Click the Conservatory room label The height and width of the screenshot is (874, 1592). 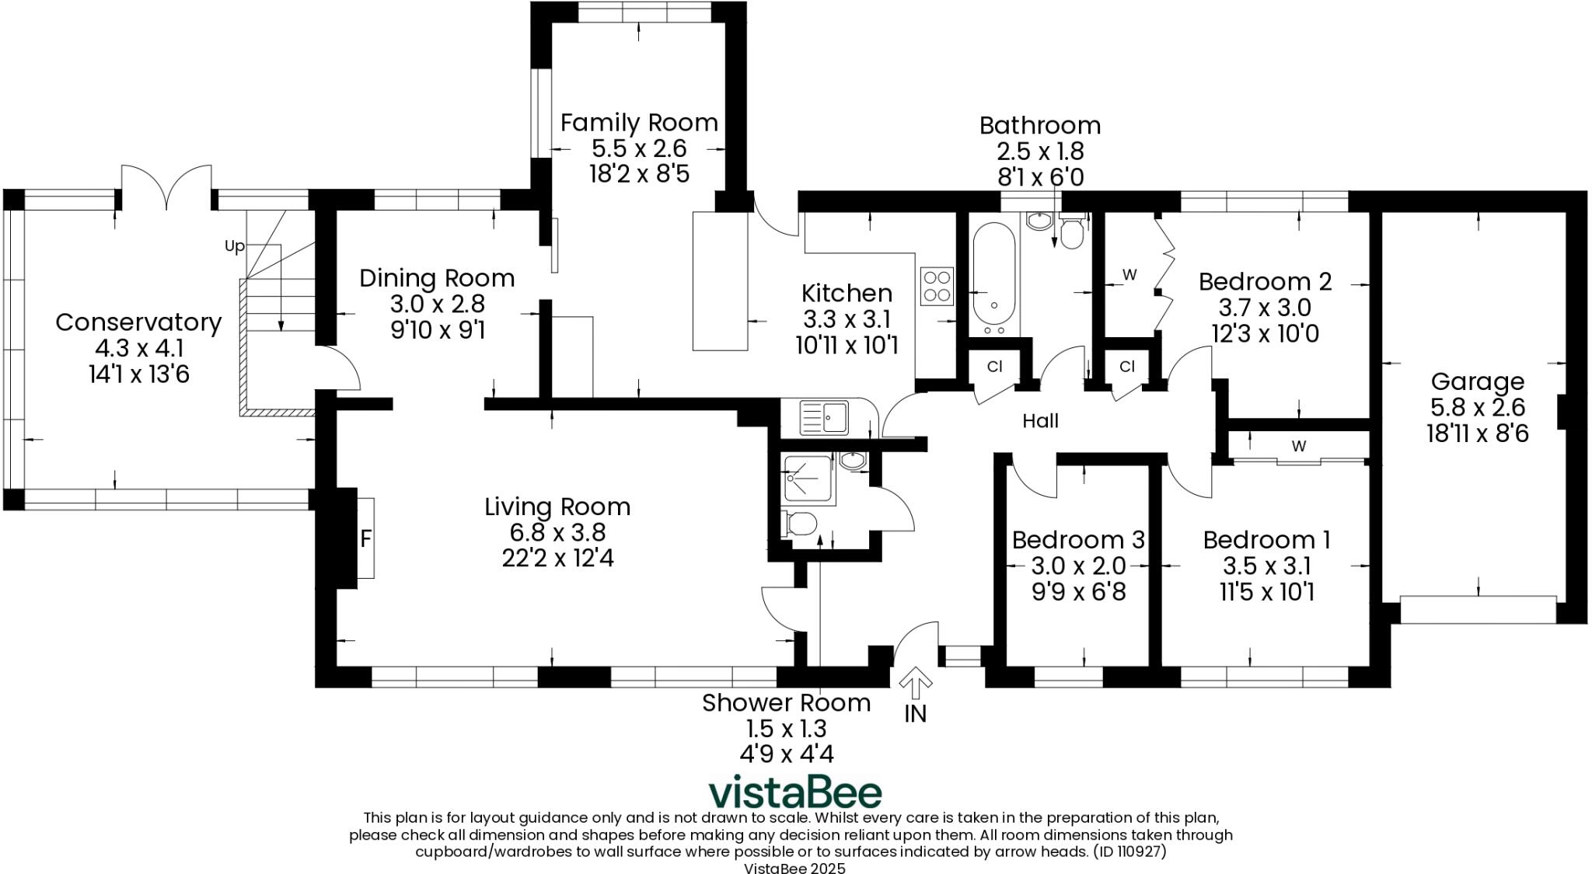coord(138,322)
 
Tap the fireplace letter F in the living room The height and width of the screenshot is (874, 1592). coord(366,538)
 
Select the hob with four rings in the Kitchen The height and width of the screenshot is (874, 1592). coord(937,286)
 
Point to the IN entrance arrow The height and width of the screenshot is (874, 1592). coord(916,684)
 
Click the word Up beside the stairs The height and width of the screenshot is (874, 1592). coord(234,246)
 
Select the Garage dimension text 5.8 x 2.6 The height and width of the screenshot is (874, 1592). coord(1477,407)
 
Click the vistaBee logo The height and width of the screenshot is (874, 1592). coord(794,792)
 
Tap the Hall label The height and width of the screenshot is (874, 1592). coord(1040,421)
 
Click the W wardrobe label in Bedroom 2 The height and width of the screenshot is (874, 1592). coord(1129,274)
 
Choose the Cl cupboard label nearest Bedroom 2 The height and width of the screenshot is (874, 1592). coord(1127,366)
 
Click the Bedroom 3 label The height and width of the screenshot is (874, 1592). coord(1078,539)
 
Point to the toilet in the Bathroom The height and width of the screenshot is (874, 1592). coord(1072,231)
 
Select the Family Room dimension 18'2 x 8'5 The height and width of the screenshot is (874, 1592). coord(639,172)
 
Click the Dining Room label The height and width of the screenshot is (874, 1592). coord(437,278)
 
